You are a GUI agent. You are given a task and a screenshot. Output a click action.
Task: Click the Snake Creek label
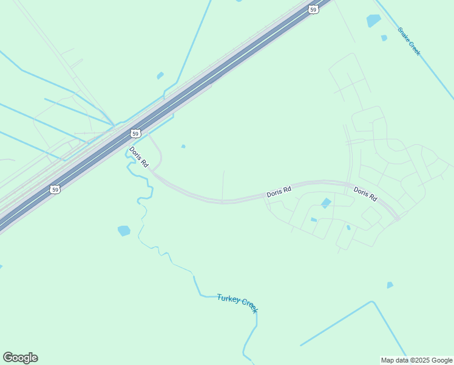coord(409,41)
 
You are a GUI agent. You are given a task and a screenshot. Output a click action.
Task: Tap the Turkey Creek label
coord(238,303)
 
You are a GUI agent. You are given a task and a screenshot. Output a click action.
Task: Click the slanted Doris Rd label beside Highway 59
coord(138,157)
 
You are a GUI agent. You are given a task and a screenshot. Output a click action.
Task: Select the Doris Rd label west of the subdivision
coord(279,192)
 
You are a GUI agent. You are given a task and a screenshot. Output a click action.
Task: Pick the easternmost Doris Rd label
coord(365,194)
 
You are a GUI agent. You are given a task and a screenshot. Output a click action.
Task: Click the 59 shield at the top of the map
coord(313,9)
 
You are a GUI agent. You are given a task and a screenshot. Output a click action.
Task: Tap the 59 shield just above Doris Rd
coord(136,133)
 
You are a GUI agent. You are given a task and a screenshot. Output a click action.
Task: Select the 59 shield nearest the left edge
coord(55,190)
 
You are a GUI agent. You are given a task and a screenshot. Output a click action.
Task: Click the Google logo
coord(20,358)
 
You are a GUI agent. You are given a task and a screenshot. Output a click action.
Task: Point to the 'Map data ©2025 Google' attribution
coord(416,360)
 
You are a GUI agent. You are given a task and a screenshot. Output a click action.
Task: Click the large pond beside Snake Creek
coord(374,21)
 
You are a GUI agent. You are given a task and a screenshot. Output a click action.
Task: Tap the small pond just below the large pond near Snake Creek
coord(384,38)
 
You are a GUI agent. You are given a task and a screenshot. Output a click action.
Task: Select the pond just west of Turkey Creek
coord(124,231)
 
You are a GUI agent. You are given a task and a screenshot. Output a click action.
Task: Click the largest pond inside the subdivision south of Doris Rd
coord(327,203)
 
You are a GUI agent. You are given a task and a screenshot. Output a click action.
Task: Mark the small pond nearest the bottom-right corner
coord(390,285)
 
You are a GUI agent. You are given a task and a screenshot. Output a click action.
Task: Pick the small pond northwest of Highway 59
coord(160,75)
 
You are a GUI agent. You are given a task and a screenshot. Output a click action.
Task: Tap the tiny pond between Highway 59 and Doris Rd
coord(183,146)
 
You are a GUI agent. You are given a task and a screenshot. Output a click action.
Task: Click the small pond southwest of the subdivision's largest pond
coord(314,220)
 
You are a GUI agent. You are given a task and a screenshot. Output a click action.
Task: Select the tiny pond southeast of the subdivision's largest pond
coord(348,228)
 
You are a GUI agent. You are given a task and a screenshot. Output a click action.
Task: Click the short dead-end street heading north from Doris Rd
coord(223,184)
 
